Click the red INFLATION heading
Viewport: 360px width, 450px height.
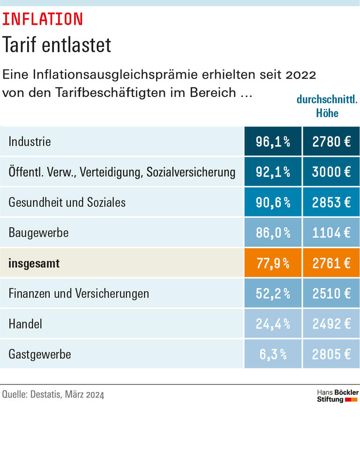(43, 19)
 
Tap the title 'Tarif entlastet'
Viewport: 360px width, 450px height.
(57, 45)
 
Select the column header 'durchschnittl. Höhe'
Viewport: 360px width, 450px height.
(327, 107)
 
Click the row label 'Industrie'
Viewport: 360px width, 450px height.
(30, 141)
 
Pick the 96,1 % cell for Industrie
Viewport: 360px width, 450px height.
(272, 141)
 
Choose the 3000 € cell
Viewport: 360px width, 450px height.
(331, 172)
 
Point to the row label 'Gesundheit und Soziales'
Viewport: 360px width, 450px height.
(67, 202)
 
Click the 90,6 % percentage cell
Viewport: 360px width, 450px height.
(272, 202)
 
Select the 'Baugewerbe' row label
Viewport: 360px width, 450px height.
(38, 233)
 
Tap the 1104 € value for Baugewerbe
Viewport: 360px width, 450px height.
(331, 233)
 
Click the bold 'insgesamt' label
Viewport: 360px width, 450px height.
(34, 263)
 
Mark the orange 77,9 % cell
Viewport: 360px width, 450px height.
(272, 263)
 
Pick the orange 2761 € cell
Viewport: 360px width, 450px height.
(331, 263)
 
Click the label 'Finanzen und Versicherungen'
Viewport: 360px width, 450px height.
(79, 294)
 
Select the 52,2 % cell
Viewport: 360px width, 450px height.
(272, 294)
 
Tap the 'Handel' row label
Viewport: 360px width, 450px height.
(25, 324)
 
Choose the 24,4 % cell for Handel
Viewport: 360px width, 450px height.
(272, 324)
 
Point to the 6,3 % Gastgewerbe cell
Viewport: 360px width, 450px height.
(272, 354)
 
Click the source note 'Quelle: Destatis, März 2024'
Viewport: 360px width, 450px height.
(53, 395)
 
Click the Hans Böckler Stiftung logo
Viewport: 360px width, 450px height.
(337, 396)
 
